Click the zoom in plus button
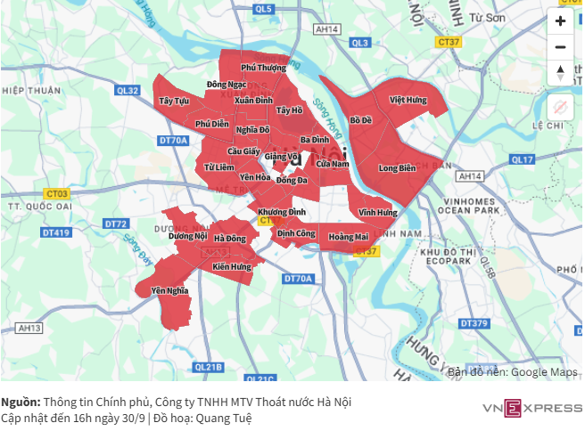coord(560,20)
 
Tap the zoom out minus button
coord(560,47)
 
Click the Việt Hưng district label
coord(408,101)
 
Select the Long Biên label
coord(397,167)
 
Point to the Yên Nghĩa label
coord(169,290)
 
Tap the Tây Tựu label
coord(174,102)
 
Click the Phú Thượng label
coord(264,68)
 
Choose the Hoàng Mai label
coord(348,237)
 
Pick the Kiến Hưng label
coord(232,266)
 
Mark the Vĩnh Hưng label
coord(377,213)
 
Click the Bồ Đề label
coord(360,119)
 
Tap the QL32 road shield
coord(128,90)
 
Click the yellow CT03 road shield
coord(56,193)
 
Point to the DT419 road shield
coord(55,232)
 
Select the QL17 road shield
coord(522,159)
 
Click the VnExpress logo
coord(531,409)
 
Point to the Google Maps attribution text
coord(512,371)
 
